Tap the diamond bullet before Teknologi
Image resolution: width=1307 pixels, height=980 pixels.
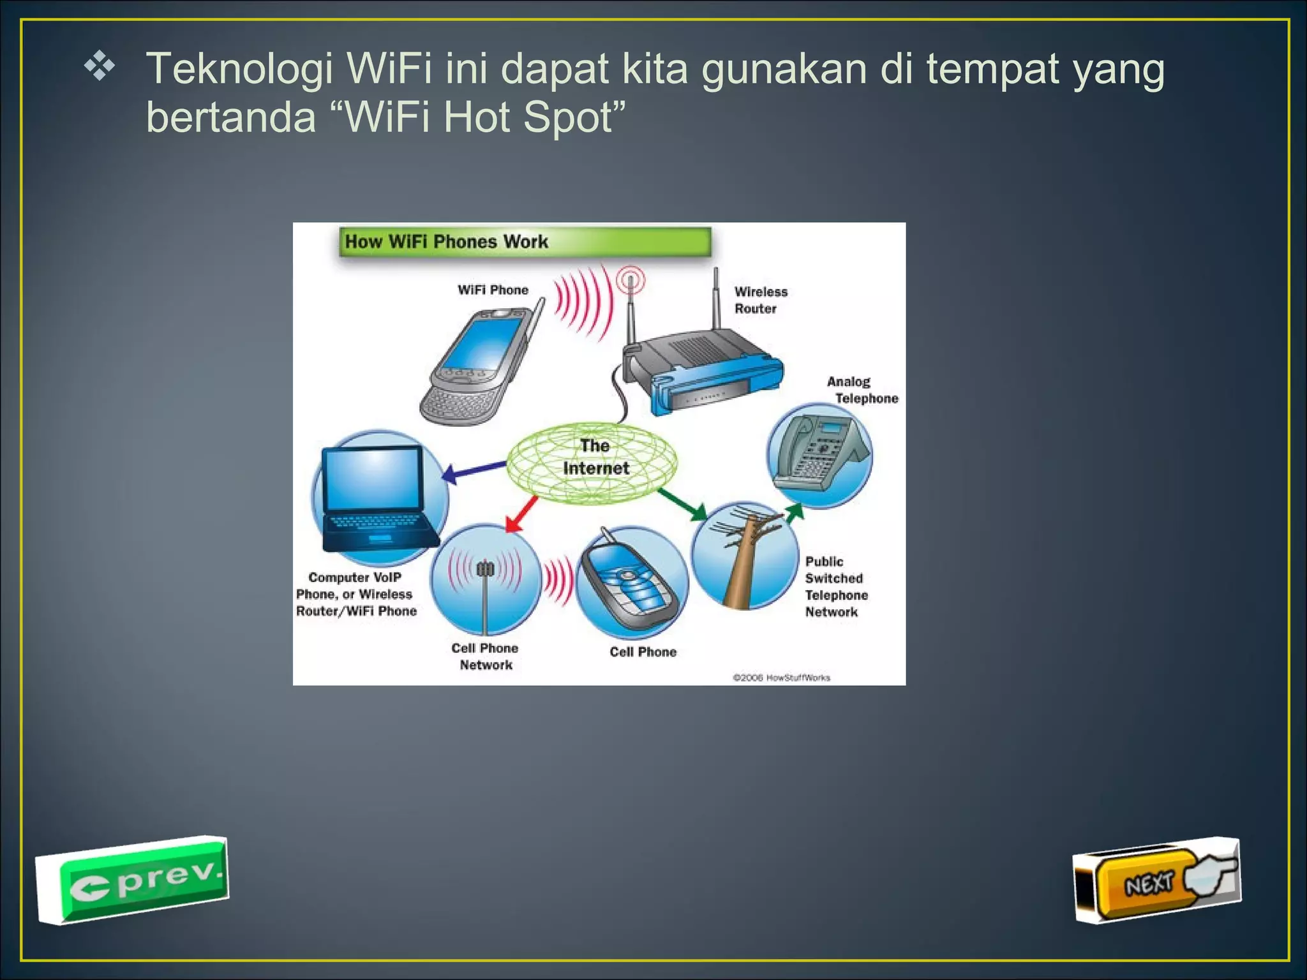pos(100,68)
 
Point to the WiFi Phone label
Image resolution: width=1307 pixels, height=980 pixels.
pos(493,290)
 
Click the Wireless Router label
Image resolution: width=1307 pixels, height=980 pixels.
pos(760,300)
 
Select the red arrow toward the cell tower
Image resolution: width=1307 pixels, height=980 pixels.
pos(522,514)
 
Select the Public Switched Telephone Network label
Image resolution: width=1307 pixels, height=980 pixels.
pos(836,586)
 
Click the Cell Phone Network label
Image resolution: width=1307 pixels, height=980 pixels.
pos(485,656)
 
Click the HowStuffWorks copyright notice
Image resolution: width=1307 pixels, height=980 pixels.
pos(781,678)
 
